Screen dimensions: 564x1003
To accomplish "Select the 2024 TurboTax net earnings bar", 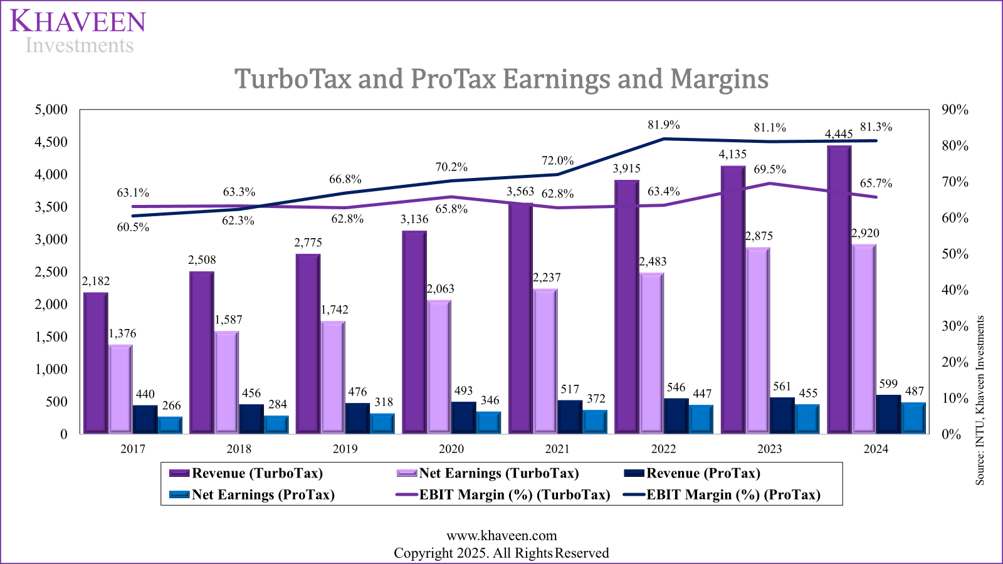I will point(864,338).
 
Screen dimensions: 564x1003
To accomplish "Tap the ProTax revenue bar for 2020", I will point(463,417).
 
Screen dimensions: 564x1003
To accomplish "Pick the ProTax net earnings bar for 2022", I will point(701,419).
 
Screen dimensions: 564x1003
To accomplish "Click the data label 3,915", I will point(627,168).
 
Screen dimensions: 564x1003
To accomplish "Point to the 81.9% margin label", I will point(663,125).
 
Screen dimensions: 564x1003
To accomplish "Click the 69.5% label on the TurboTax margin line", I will point(770,169).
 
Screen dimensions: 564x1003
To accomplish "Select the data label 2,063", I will point(440,289).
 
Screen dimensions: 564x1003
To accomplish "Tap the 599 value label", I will point(888,384).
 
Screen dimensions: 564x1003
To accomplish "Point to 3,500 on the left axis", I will point(51,207).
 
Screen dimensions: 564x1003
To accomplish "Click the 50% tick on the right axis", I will point(955,254).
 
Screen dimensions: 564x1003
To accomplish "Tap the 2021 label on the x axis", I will point(557,449).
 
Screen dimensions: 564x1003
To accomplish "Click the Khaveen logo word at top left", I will point(78,22).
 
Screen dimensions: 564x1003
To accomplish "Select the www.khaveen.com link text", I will point(501,536).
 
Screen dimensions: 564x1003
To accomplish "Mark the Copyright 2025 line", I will point(501,553).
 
